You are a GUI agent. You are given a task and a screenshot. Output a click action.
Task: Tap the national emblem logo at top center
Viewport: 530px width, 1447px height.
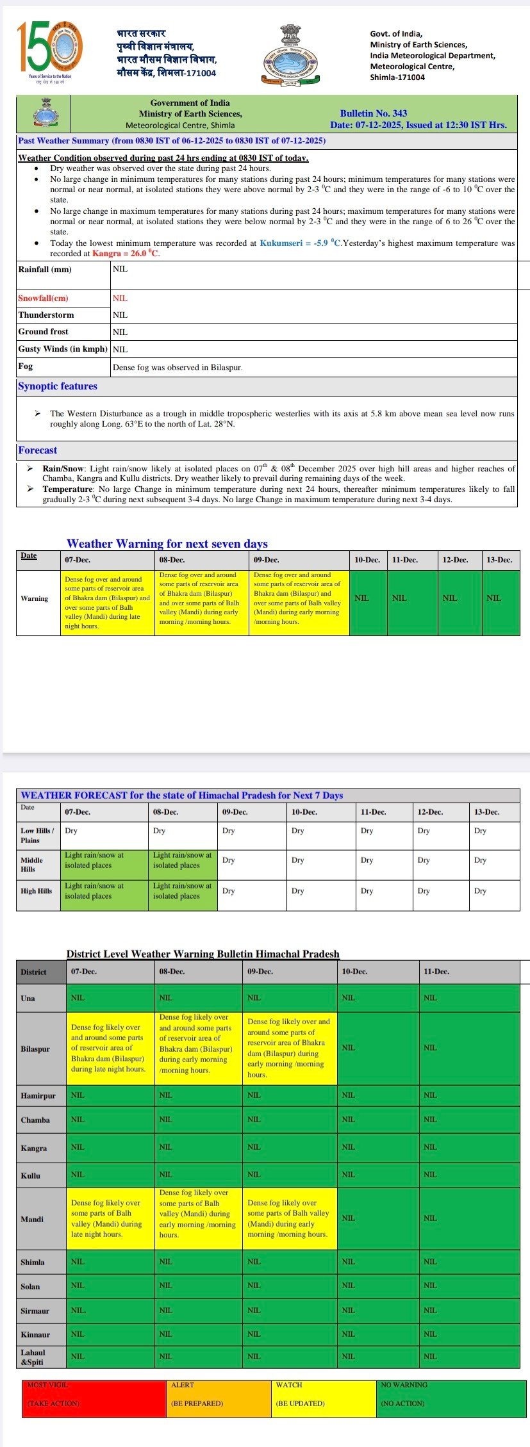(291, 54)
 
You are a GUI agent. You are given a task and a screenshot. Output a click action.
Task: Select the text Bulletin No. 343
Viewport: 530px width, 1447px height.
(374, 113)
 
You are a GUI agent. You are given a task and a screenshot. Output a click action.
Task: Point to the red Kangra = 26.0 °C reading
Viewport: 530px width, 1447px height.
(126, 254)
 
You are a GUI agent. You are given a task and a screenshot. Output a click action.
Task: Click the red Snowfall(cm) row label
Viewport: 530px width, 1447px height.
(44, 298)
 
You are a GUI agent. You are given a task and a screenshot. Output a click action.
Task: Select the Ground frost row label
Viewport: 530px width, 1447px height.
(44, 332)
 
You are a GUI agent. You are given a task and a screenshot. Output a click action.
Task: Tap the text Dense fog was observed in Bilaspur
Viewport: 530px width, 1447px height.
(178, 368)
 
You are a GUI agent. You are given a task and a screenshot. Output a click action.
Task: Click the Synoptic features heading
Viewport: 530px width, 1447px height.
(58, 386)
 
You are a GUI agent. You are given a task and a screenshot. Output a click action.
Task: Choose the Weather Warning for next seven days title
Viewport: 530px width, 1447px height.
(167, 544)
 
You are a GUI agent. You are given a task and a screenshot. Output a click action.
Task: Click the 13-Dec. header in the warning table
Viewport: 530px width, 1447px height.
(499, 560)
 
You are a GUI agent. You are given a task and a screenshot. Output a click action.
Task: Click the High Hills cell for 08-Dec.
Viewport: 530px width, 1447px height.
(183, 891)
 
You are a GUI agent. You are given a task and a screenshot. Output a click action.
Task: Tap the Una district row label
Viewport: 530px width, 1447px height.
(28, 998)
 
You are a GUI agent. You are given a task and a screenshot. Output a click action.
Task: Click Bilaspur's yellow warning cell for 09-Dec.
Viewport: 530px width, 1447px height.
(290, 1048)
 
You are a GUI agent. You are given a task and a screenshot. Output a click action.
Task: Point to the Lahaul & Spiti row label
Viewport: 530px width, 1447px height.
(33, 1357)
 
